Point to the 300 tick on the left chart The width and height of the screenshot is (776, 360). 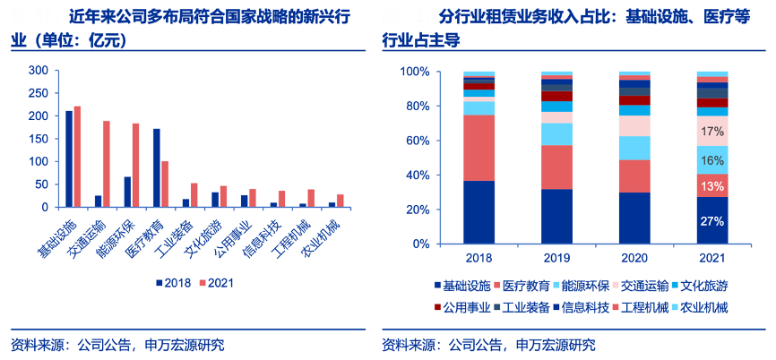pos(39,70)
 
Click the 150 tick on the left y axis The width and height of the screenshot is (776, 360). pos(39,139)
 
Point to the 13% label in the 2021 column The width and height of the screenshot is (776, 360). pos(712,185)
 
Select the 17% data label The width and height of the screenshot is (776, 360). pos(712,132)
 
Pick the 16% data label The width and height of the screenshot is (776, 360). pos(712,159)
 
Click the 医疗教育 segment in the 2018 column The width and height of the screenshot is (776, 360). pos(479,148)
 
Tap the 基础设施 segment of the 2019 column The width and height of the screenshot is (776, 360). pos(556,216)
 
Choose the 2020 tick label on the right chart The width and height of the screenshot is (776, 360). pos(634,258)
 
